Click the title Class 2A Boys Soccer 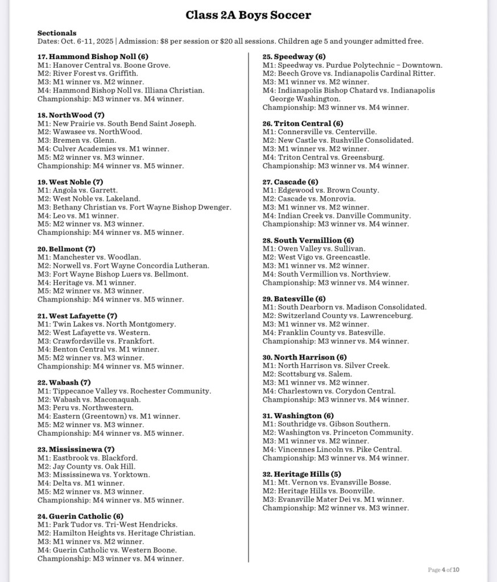pyautogui.click(x=248, y=15)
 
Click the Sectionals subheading pyautogui.click(x=57, y=33)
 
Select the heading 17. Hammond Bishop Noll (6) pyautogui.click(x=93, y=56)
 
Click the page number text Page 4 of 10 pyautogui.click(x=444, y=569)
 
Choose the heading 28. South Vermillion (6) pyautogui.click(x=308, y=240)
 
